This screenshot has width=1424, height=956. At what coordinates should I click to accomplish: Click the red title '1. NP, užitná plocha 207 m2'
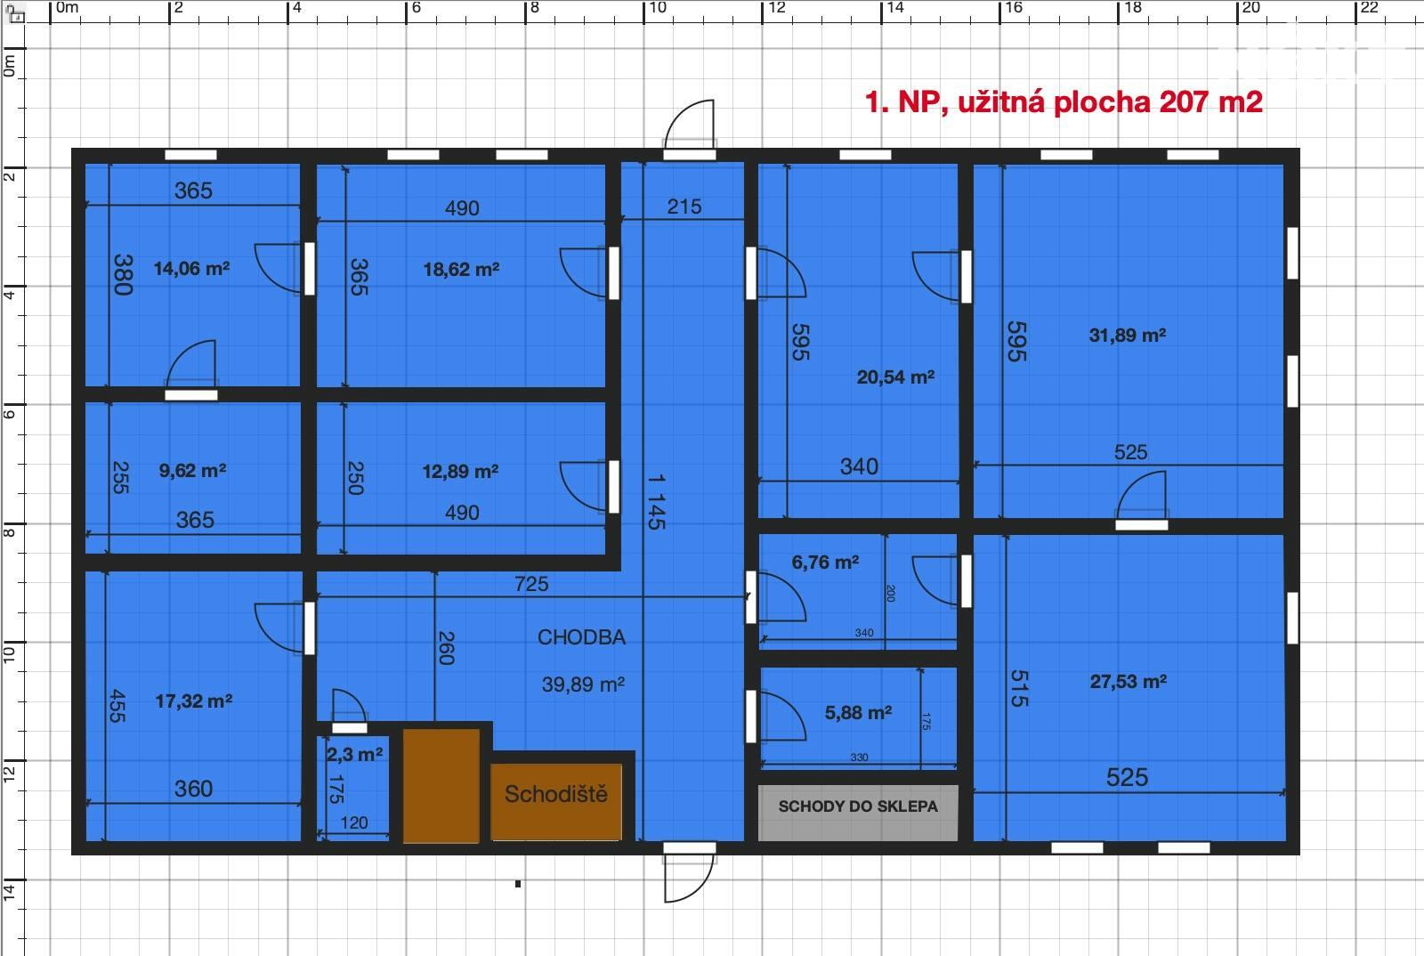pyautogui.click(x=1064, y=102)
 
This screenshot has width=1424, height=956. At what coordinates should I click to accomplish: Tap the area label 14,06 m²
pyautogui.click(x=191, y=268)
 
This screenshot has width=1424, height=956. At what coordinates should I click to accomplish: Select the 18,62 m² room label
pyautogui.click(x=461, y=270)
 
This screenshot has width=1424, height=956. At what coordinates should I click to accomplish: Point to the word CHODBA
pyautogui.click(x=581, y=637)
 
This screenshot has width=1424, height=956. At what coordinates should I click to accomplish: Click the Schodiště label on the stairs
pyautogui.click(x=555, y=794)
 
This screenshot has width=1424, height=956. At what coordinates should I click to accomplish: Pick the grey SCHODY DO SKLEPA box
pyautogui.click(x=858, y=813)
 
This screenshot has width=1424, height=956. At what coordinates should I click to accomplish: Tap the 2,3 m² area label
pyautogui.click(x=354, y=755)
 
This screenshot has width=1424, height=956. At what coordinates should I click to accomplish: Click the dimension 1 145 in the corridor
pyautogui.click(x=657, y=501)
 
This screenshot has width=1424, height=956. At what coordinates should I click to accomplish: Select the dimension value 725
pyautogui.click(x=531, y=584)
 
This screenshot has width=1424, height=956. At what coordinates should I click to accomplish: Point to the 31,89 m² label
pyautogui.click(x=1127, y=335)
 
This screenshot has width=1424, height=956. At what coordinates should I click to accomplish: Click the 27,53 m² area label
pyautogui.click(x=1129, y=682)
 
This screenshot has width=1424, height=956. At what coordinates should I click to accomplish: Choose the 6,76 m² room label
pyautogui.click(x=825, y=562)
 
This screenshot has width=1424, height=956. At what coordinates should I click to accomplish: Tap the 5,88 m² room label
pyautogui.click(x=858, y=713)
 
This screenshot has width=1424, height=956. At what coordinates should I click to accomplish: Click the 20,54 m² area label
pyautogui.click(x=895, y=377)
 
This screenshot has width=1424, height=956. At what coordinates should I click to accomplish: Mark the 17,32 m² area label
pyautogui.click(x=194, y=701)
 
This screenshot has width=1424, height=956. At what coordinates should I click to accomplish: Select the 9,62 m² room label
pyautogui.click(x=192, y=470)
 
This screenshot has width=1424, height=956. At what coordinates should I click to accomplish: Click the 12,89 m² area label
pyautogui.click(x=460, y=472)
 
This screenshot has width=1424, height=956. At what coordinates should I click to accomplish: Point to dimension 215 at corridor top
pyautogui.click(x=684, y=207)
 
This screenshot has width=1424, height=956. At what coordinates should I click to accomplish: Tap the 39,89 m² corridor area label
pyautogui.click(x=583, y=685)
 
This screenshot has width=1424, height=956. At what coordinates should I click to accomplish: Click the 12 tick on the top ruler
pyautogui.click(x=763, y=12)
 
